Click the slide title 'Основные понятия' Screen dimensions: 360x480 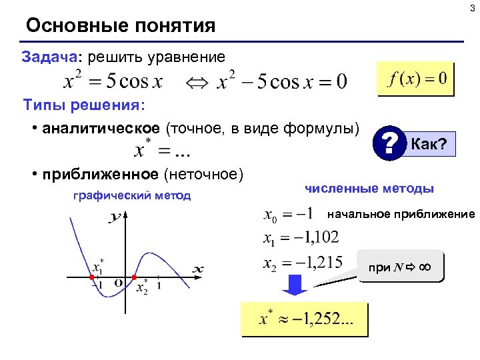coord(121,26)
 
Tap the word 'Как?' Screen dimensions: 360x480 coord(430,142)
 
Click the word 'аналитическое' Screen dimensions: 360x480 coord(101,128)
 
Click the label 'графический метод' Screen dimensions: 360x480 coord(132,195)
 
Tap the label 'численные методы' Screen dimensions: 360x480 coord(369,189)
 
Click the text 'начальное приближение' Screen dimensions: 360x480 coord(401,214)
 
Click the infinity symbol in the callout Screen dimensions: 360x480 coord(425,267)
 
